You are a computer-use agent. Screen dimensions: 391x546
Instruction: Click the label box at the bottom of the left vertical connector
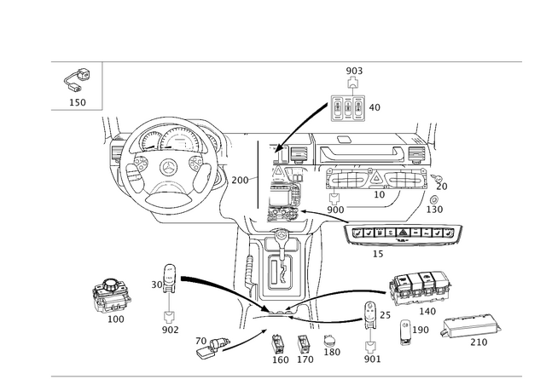pos(169,326)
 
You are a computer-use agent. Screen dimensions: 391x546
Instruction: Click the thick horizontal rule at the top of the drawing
pos(286,62)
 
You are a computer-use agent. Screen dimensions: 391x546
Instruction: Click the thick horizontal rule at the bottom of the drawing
pos(286,376)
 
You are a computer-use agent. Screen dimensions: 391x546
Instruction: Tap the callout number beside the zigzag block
pos(376,106)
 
